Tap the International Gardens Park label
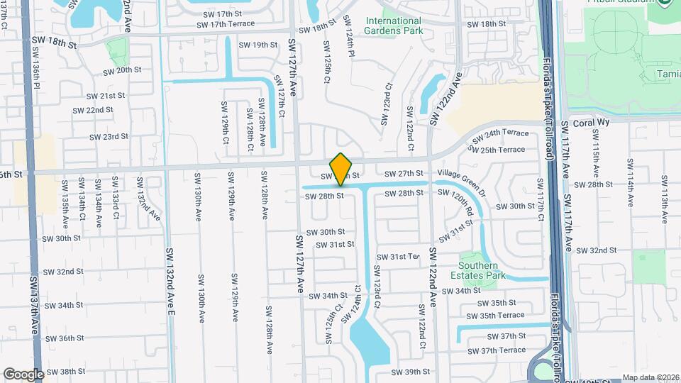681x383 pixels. click(394, 26)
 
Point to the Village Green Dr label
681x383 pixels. click(462, 173)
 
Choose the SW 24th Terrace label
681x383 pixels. click(501, 133)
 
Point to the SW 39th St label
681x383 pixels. click(411, 371)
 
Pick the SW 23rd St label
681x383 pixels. click(109, 136)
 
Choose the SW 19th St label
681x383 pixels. click(258, 45)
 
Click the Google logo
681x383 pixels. click(23, 374)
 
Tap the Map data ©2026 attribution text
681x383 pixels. click(650, 377)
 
